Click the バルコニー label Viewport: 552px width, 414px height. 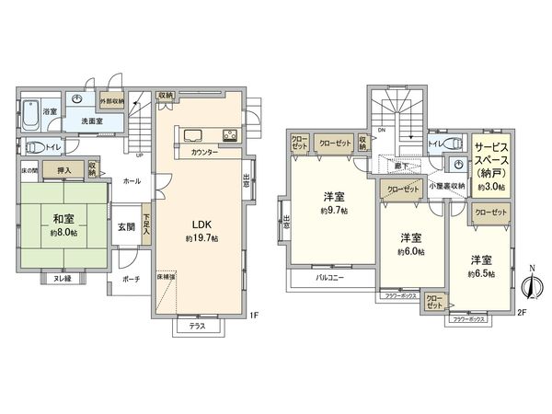point(316,276)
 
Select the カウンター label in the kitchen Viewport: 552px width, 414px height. point(205,152)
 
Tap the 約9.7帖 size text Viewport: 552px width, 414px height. point(334,211)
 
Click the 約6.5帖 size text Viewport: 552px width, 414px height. point(480,273)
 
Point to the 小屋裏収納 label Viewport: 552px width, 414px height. point(445,185)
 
